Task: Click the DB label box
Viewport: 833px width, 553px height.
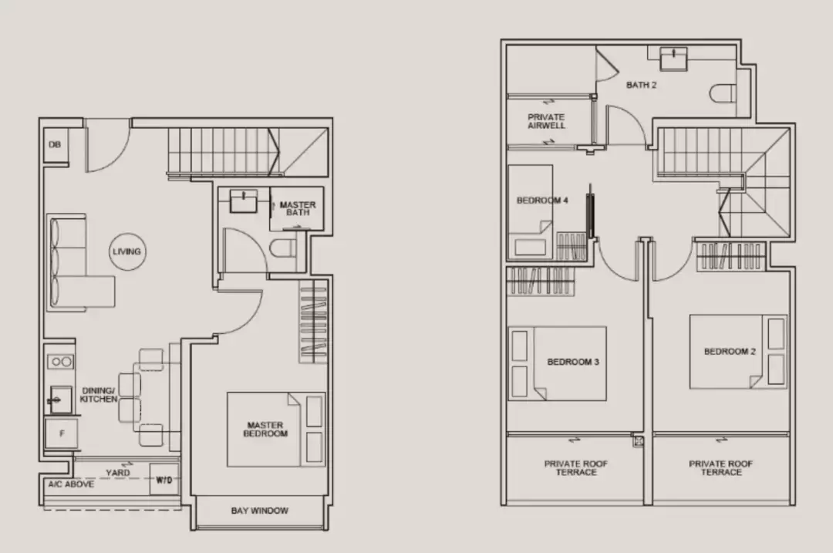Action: coord(56,144)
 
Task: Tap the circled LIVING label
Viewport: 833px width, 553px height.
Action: coord(126,251)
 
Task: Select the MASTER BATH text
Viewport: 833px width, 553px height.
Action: coord(298,208)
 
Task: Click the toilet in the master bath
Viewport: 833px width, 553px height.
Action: coord(282,248)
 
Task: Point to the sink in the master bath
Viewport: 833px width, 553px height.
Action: coord(243,201)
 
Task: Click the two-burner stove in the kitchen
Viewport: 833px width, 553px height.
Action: coord(60,362)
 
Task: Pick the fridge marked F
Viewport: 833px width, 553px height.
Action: coord(61,433)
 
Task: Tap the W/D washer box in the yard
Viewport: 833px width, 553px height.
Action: coord(164,480)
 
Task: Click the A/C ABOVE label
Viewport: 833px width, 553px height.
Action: coord(71,484)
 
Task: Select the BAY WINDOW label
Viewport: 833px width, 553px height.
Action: coord(260,511)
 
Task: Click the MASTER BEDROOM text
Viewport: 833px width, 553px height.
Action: coord(265,430)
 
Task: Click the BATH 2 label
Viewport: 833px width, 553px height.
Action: coord(641,85)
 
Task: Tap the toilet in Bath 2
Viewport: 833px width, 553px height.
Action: coord(723,93)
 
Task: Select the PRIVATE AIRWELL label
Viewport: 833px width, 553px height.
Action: coord(546,121)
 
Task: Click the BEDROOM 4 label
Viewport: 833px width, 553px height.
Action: coord(542,201)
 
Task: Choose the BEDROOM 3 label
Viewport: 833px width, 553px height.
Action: coord(573,362)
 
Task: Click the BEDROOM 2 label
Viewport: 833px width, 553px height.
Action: coord(730,351)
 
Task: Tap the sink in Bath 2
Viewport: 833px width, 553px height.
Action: coord(673,59)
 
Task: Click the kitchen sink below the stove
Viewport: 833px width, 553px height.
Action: coord(60,400)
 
